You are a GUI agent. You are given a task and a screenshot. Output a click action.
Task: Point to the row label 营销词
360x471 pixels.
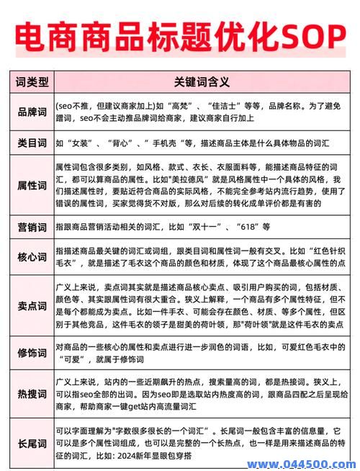[x=32, y=226]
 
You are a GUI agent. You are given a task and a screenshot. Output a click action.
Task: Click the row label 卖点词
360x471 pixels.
[x=32, y=305]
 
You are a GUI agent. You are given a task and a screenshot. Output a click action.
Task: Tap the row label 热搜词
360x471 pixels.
[x=32, y=394]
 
